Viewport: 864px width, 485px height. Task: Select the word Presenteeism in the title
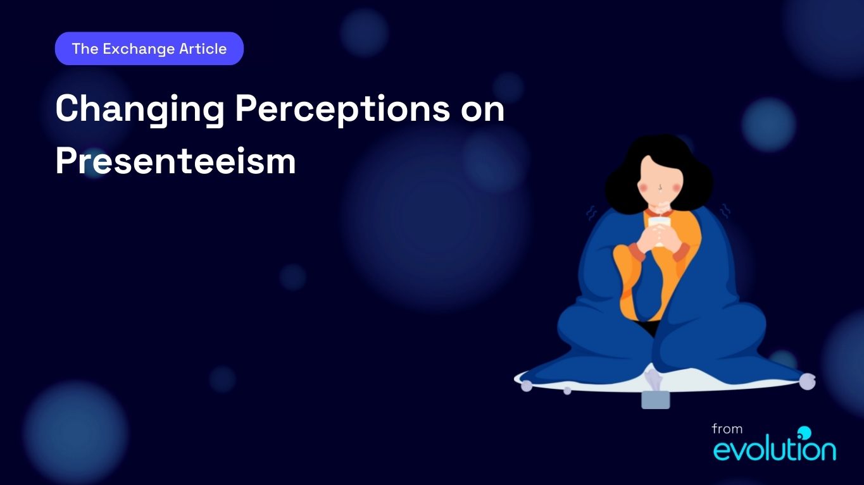point(175,161)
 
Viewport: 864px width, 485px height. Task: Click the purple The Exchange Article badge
point(149,49)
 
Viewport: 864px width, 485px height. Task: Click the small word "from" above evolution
point(727,429)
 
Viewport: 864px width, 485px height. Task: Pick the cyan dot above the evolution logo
point(805,433)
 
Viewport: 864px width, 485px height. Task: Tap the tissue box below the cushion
point(655,400)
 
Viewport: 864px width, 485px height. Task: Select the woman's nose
point(660,188)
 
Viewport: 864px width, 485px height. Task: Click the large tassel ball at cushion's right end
point(807,381)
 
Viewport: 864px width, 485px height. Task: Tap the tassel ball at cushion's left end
point(527,386)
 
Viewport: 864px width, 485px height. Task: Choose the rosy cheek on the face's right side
point(675,187)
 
